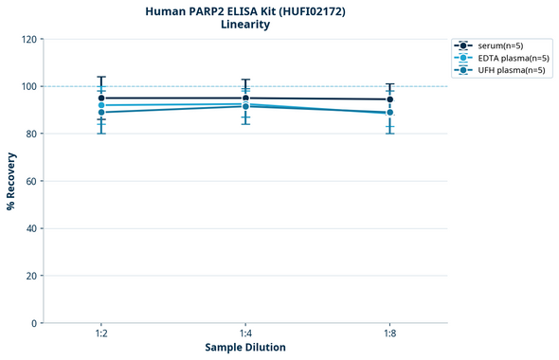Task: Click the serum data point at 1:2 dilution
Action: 101,98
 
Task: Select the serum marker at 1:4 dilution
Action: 245,98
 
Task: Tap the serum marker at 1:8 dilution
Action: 389,99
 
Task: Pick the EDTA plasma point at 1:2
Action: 101,105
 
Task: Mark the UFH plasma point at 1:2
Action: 101,113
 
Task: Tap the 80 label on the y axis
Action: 31,134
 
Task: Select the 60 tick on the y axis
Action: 31,181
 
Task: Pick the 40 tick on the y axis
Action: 31,228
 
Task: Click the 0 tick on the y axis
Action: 34,323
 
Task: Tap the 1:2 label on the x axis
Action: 101,334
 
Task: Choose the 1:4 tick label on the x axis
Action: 245,334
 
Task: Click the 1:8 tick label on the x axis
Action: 389,334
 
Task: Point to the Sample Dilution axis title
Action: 245,348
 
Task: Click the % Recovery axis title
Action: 11,181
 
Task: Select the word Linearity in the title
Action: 244,25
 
